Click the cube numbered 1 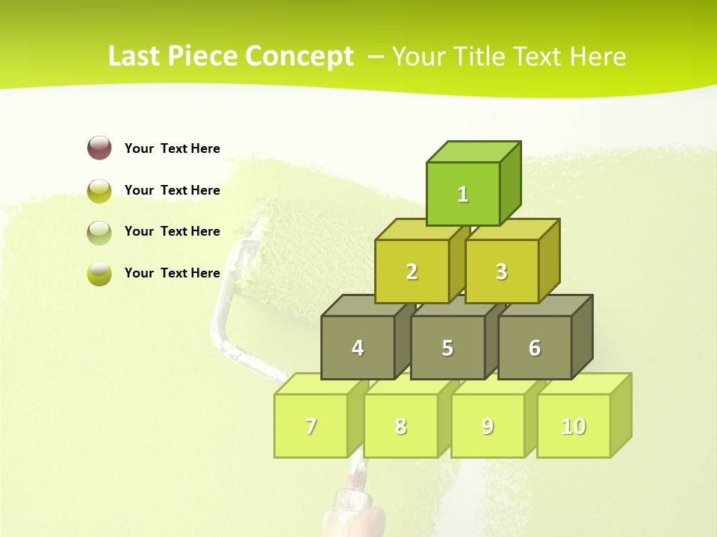click(x=463, y=194)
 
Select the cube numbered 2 click(x=412, y=271)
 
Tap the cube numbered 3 click(x=501, y=271)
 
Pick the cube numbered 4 click(x=358, y=348)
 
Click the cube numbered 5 click(x=447, y=348)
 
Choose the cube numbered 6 click(x=535, y=348)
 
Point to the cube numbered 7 click(x=311, y=426)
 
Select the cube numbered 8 click(x=400, y=426)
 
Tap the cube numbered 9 click(x=488, y=426)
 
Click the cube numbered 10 click(x=574, y=426)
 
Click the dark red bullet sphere click(x=99, y=148)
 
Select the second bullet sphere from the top click(x=99, y=190)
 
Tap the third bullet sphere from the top click(x=99, y=232)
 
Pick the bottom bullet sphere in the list click(x=99, y=273)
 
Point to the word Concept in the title click(x=299, y=57)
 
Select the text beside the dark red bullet click(x=173, y=148)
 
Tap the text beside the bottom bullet click(x=173, y=273)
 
